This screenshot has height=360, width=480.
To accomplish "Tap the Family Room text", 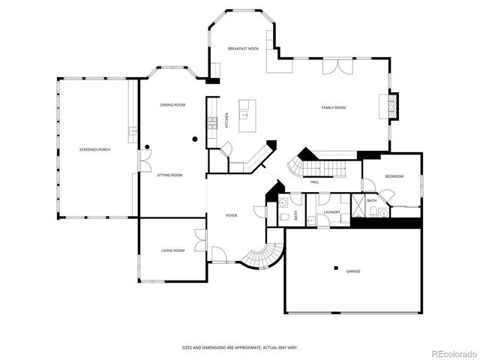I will [334, 108].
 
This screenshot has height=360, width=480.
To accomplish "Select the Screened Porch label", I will [95, 150].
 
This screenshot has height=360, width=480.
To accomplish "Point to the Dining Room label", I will [172, 105].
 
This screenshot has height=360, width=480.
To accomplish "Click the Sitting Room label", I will [169, 175].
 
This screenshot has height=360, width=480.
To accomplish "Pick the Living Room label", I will [172, 250].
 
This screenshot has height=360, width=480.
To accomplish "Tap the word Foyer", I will [232, 215].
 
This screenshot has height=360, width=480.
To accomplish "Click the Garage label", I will [352, 271].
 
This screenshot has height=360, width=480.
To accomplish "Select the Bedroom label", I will [394, 176].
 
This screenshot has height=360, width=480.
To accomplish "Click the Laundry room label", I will [332, 212].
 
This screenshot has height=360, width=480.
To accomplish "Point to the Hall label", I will [315, 181].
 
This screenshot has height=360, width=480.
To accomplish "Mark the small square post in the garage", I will [336, 268].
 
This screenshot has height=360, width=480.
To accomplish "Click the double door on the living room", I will [199, 241].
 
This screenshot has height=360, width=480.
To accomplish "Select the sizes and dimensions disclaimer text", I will [240, 347].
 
